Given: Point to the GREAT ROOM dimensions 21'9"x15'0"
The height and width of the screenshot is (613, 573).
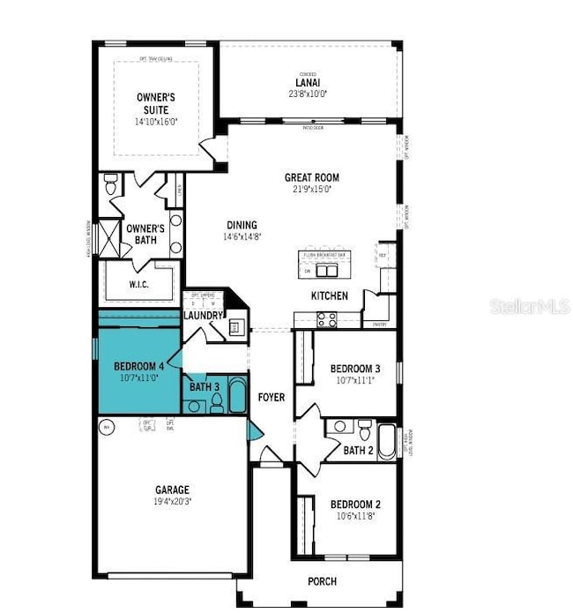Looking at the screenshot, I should (311, 189).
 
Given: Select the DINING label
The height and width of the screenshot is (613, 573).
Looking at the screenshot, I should (240, 224).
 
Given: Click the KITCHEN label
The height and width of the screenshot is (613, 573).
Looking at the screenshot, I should (328, 296).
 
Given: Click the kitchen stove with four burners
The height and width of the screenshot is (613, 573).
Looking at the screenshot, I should (326, 320).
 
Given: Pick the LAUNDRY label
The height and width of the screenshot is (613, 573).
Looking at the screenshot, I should (202, 315).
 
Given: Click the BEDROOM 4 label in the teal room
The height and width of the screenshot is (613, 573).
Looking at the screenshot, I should (138, 366).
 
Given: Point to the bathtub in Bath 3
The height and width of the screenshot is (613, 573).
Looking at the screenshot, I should (235, 397).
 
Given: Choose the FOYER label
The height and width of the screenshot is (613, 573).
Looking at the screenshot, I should (272, 398).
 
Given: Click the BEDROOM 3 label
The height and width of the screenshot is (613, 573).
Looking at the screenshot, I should (354, 369).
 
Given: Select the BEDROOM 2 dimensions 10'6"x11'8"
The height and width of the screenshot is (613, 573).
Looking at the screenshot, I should (354, 517).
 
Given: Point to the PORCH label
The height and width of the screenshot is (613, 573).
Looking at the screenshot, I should (322, 581).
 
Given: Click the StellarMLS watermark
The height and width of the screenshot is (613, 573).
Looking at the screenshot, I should (529, 306).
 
